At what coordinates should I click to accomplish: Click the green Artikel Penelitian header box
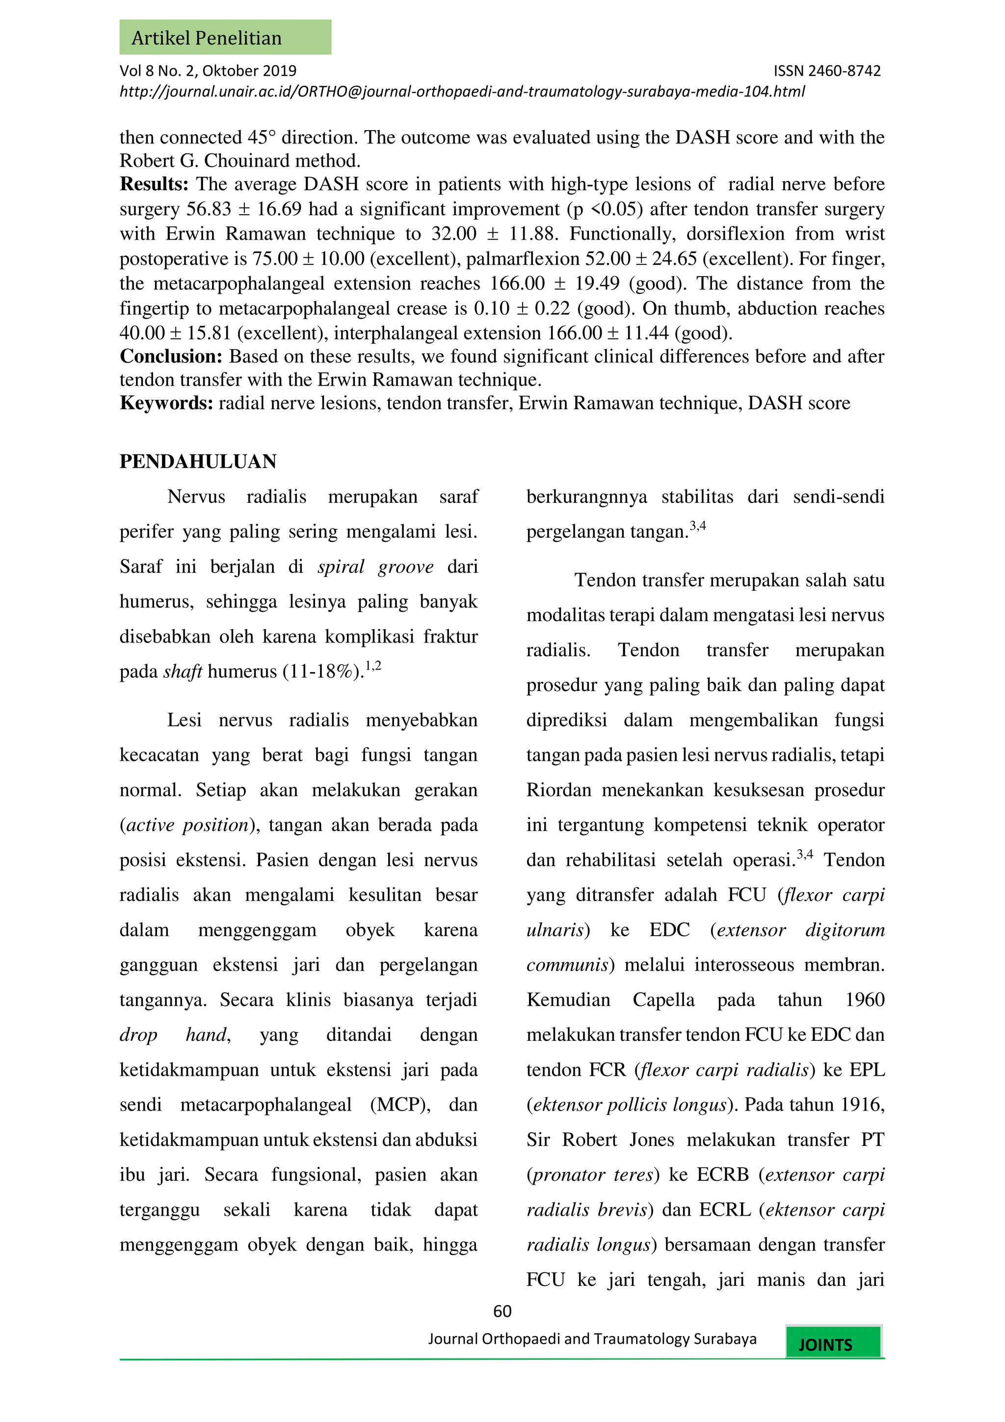[x=225, y=38]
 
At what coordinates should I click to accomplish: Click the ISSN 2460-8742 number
[x=827, y=71]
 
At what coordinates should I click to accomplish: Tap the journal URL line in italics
[x=462, y=92]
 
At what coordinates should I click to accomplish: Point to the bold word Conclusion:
[x=171, y=357]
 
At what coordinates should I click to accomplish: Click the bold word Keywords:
[x=166, y=403]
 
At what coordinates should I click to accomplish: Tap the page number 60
[x=502, y=1311]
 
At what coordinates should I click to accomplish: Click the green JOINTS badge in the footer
[x=833, y=1344]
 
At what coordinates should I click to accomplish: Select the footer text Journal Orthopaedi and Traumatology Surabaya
[x=592, y=1339]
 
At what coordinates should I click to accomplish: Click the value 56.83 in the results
[x=209, y=209]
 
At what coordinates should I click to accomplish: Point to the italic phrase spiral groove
[x=375, y=567]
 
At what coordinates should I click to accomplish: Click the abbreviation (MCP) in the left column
[x=400, y=1105]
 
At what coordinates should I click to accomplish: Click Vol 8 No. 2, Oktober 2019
[x=208, y=71]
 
